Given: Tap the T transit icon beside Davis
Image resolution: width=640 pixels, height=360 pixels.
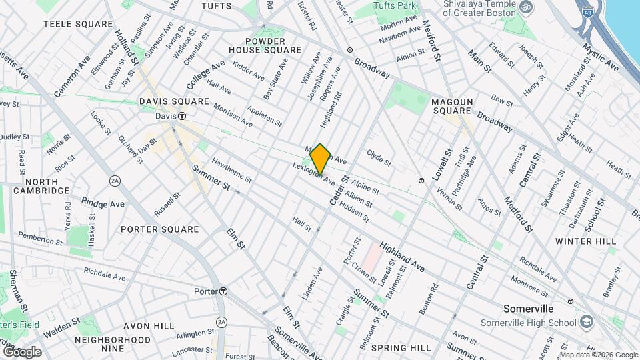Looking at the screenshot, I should (181, 116).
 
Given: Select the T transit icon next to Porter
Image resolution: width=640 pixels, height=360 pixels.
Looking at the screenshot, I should (223, 291).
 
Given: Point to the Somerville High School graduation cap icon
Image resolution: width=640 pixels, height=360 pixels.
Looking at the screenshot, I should (586, 323).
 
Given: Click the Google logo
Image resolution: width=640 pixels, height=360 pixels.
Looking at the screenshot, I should (22, 351).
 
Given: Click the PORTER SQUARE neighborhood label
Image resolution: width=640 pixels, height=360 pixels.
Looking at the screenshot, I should (160, 229).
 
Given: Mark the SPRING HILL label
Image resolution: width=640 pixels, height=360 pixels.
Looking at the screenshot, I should (401, 348).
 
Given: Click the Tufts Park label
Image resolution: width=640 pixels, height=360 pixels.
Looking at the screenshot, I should (394, 6).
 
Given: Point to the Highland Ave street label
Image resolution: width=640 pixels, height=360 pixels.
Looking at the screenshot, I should (402, 257).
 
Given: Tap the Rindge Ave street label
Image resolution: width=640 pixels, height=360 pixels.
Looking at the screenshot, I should (103, 201).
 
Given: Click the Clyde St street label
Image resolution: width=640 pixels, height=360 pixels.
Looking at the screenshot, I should (379, 158).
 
